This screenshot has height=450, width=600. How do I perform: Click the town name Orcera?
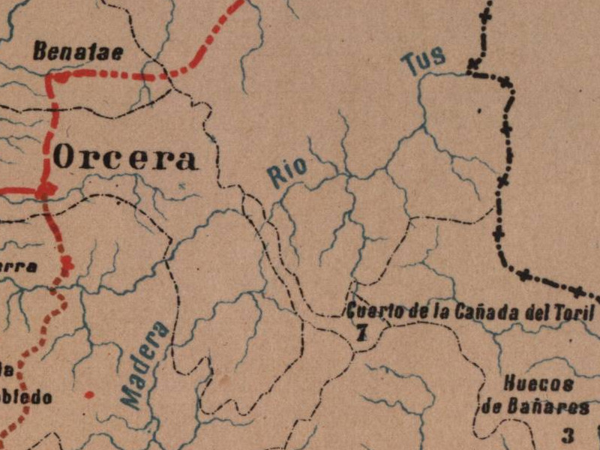point(126,158)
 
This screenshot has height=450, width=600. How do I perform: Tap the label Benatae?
point(77,52)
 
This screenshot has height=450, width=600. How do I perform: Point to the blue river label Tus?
point(424,60)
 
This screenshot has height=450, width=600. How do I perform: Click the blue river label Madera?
point(145,365)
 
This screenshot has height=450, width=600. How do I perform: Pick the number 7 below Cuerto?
point(361,334)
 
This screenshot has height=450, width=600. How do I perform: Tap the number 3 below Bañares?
point(568,434)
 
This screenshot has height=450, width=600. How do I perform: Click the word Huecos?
point(539,385)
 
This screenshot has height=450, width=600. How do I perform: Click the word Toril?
point(574,313)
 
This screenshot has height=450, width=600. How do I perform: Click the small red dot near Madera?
point(89,394)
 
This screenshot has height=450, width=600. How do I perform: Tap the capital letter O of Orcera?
point(65,158)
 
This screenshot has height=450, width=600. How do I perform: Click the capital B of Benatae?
point(40,52)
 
